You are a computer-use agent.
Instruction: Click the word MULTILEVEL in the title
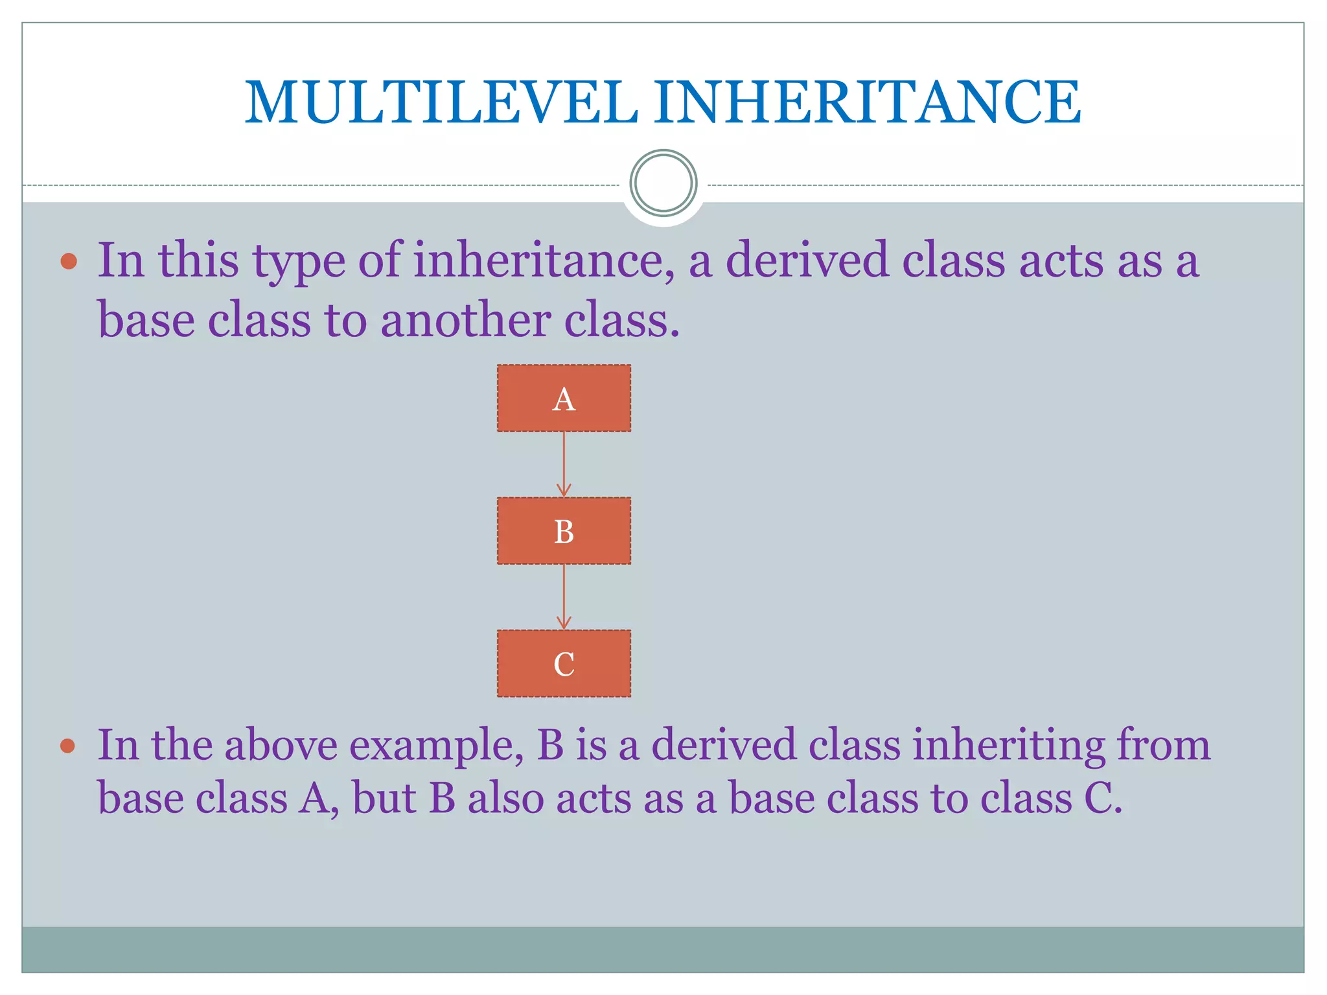[441, 102]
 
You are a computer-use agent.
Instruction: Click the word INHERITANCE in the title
[866, 102]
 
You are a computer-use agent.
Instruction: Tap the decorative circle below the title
[663, 183]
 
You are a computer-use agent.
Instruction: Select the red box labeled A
[564, 398]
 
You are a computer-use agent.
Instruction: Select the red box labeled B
[564, 531]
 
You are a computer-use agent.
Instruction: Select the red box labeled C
[564, 664]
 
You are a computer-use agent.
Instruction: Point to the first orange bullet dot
[69, 262]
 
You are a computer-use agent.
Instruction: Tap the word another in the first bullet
[465, 321]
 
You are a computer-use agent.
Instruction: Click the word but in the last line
[384, 798]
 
